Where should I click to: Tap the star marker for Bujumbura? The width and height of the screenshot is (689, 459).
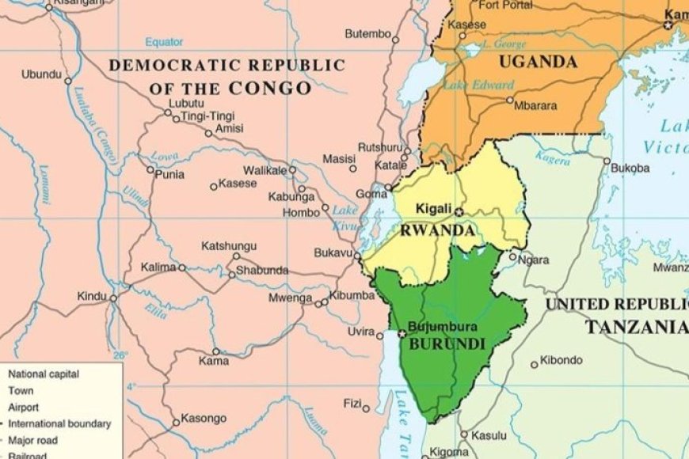coord(402,334)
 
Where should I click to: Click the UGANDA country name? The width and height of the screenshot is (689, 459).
coord(538,62)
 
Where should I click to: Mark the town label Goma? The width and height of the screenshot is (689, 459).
coord(371,193)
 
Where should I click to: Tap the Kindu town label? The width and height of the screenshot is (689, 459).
coord(91,296)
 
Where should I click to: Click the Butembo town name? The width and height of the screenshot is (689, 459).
coord(367,34)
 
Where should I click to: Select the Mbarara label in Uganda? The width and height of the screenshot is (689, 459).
coord(536,105)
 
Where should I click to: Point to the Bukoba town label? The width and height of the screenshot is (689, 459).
coord(630,168)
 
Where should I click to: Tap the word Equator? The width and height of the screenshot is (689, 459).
coord(163,42)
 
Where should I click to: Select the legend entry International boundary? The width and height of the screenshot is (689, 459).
coord(59,423)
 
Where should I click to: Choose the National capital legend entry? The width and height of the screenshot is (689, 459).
coord(43,374)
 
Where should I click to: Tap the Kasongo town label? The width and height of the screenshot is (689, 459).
coord(204,418)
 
